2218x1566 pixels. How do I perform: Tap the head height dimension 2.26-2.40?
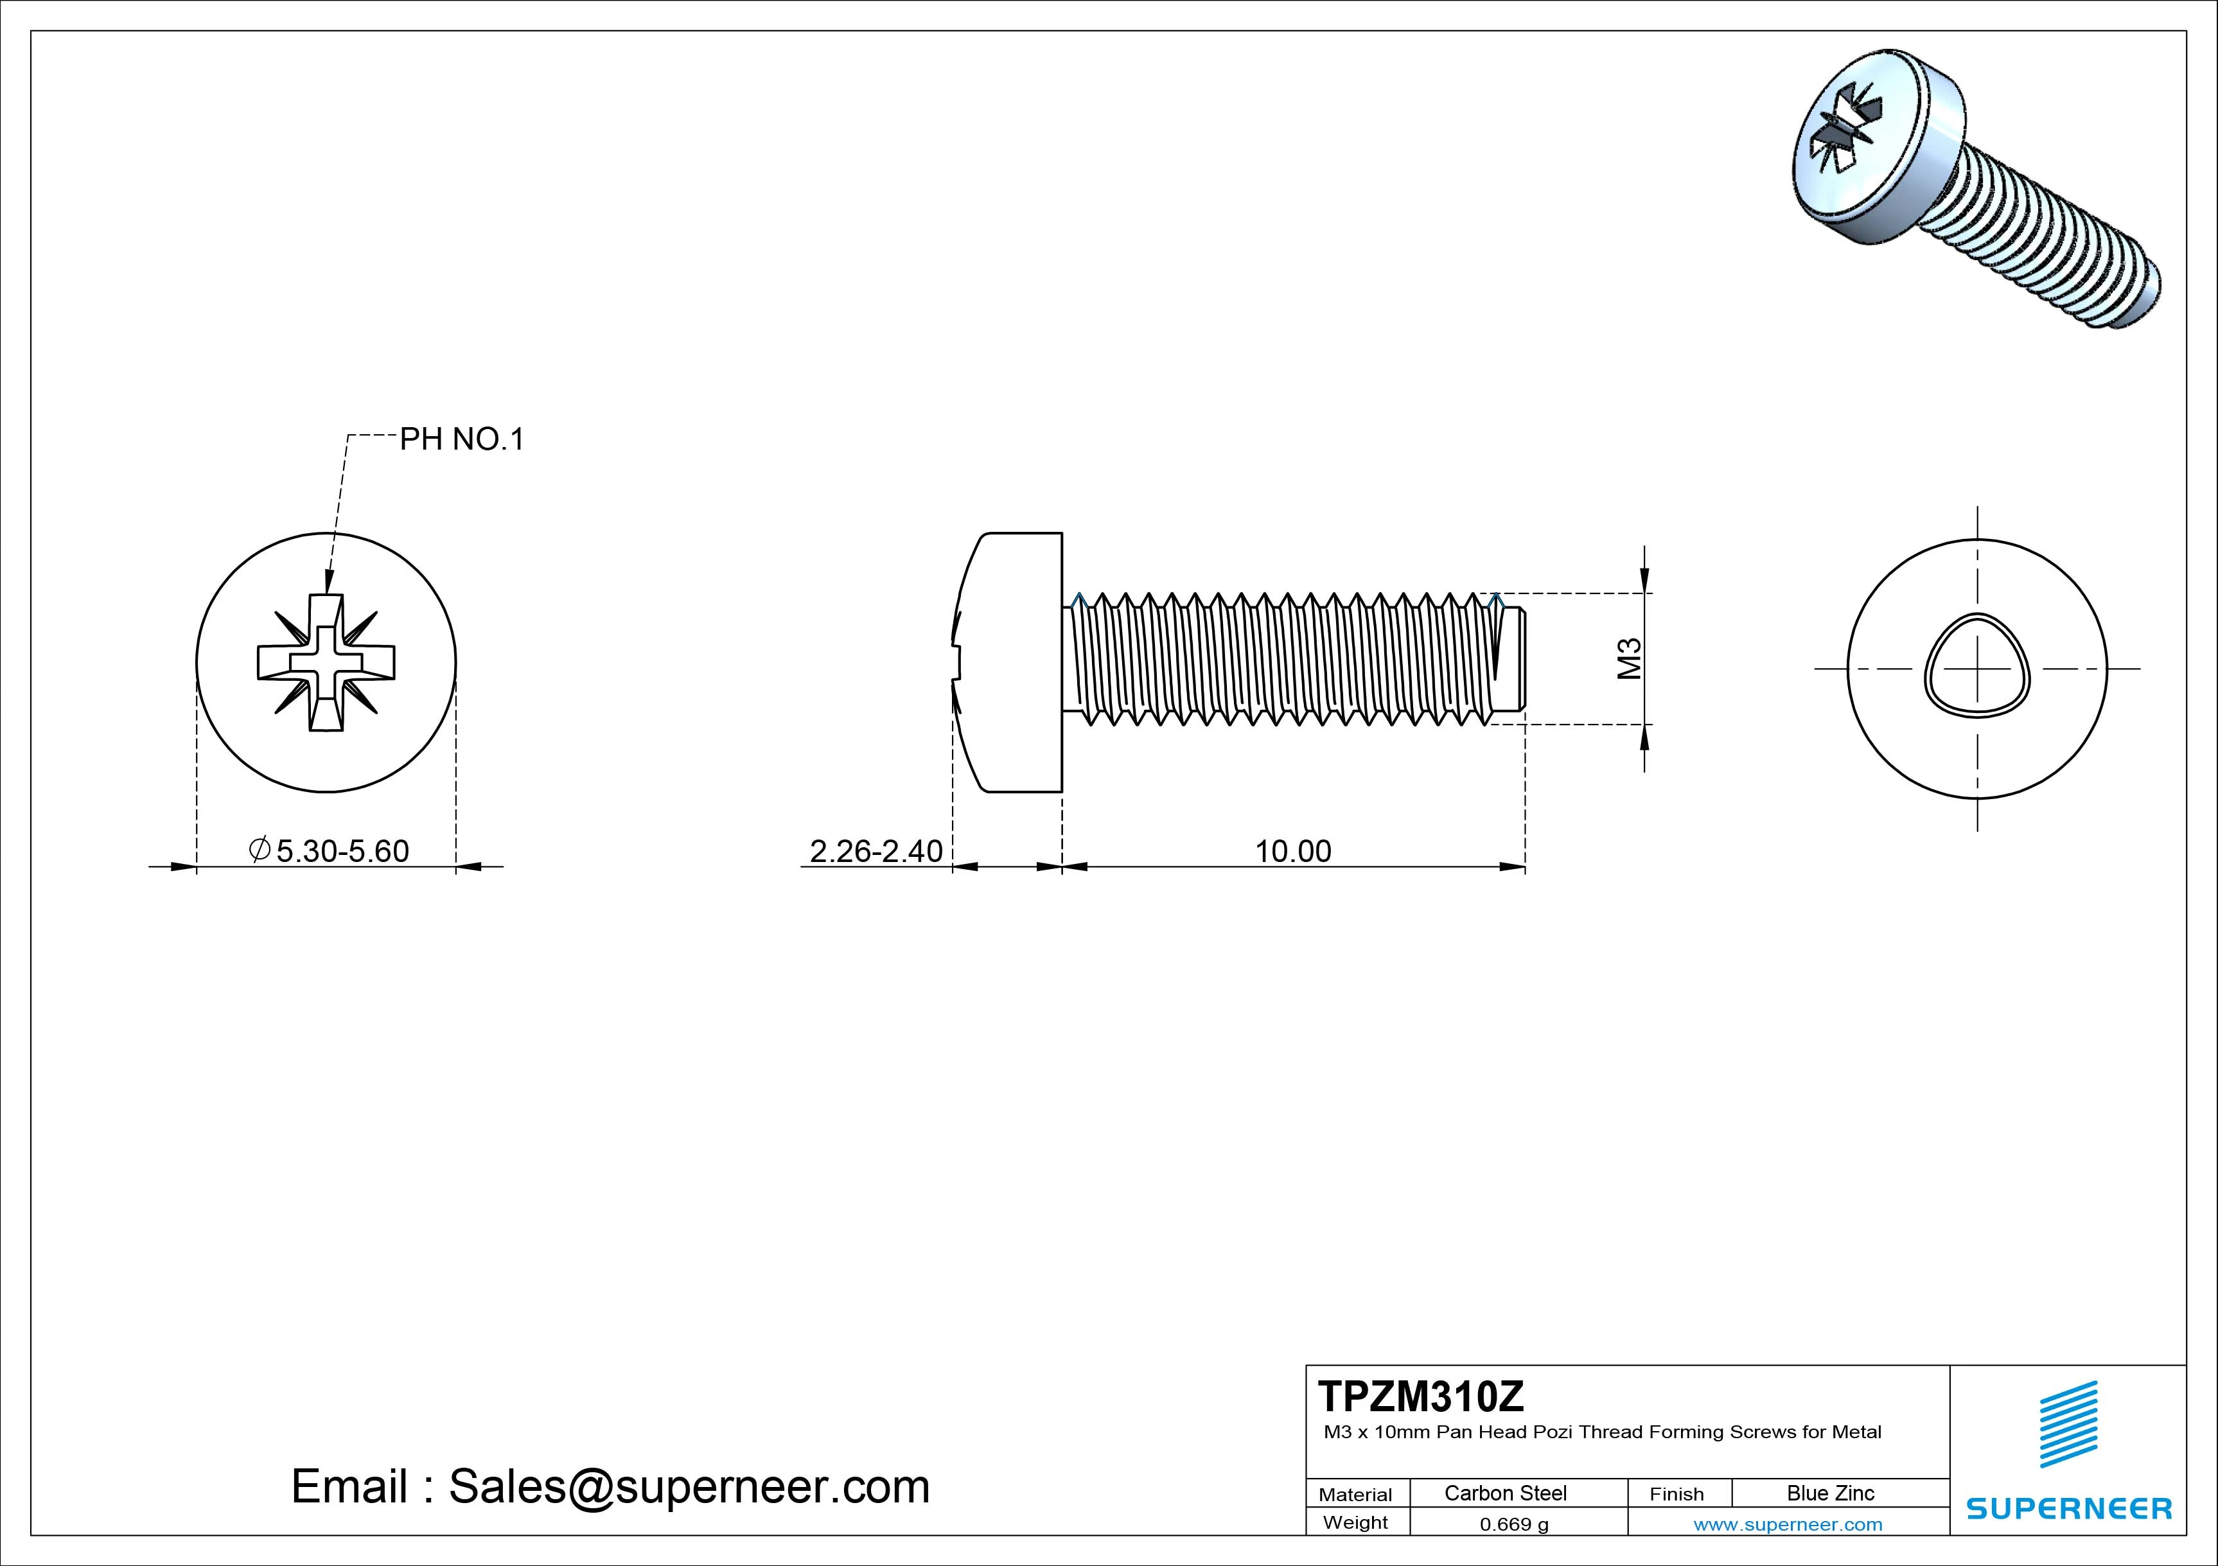coord(876,851)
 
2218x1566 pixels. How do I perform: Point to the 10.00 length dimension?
coord(1292,851)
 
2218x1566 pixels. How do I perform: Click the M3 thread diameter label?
coord(1630,659)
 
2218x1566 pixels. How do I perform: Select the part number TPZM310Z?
coord(1421,1396)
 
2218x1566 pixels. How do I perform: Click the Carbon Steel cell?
coord(1505,1493)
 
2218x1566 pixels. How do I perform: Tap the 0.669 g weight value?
coord(1514,1524)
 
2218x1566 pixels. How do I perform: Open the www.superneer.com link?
coord(1787,1524)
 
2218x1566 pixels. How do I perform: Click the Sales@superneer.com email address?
coord(689,1486)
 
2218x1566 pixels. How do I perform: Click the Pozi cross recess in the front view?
coord(326,663)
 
